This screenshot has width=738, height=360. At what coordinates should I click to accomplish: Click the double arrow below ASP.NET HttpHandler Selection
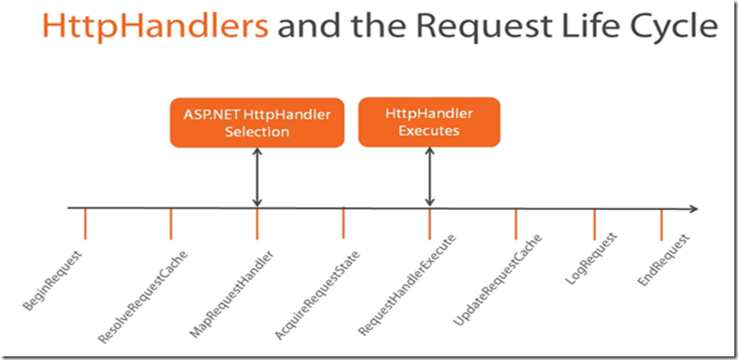tap(257, 177)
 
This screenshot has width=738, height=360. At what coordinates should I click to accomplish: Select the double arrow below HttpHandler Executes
tap(430, 177)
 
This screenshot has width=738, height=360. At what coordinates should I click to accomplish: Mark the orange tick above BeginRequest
tap(85, 224)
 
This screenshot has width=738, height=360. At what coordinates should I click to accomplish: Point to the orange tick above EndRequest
tap(662, 224)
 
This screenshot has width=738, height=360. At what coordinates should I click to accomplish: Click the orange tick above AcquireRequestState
tap(344, 224)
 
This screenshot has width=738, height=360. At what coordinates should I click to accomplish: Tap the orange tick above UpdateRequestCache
tap(515, 224)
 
